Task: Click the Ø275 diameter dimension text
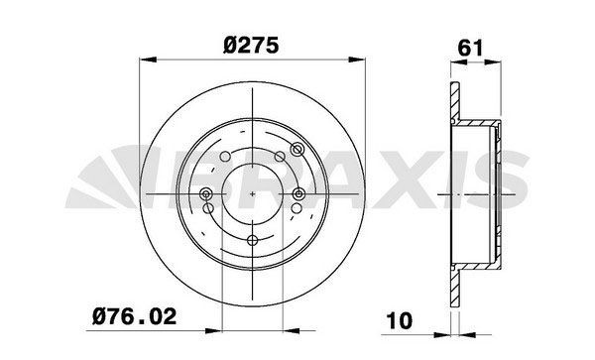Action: pos(251,46)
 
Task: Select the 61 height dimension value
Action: pos(470,48)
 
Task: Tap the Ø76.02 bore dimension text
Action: pos(134,316)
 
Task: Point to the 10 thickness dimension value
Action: pos(400,321)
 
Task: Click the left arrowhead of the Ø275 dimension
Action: pos(148,60)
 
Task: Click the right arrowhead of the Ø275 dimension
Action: pos(357,60)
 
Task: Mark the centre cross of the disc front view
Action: pos(252,193)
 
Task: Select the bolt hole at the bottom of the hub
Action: pos(252,240)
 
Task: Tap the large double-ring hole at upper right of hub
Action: pos(297,150)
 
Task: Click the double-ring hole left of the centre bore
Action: pos(206,194)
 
